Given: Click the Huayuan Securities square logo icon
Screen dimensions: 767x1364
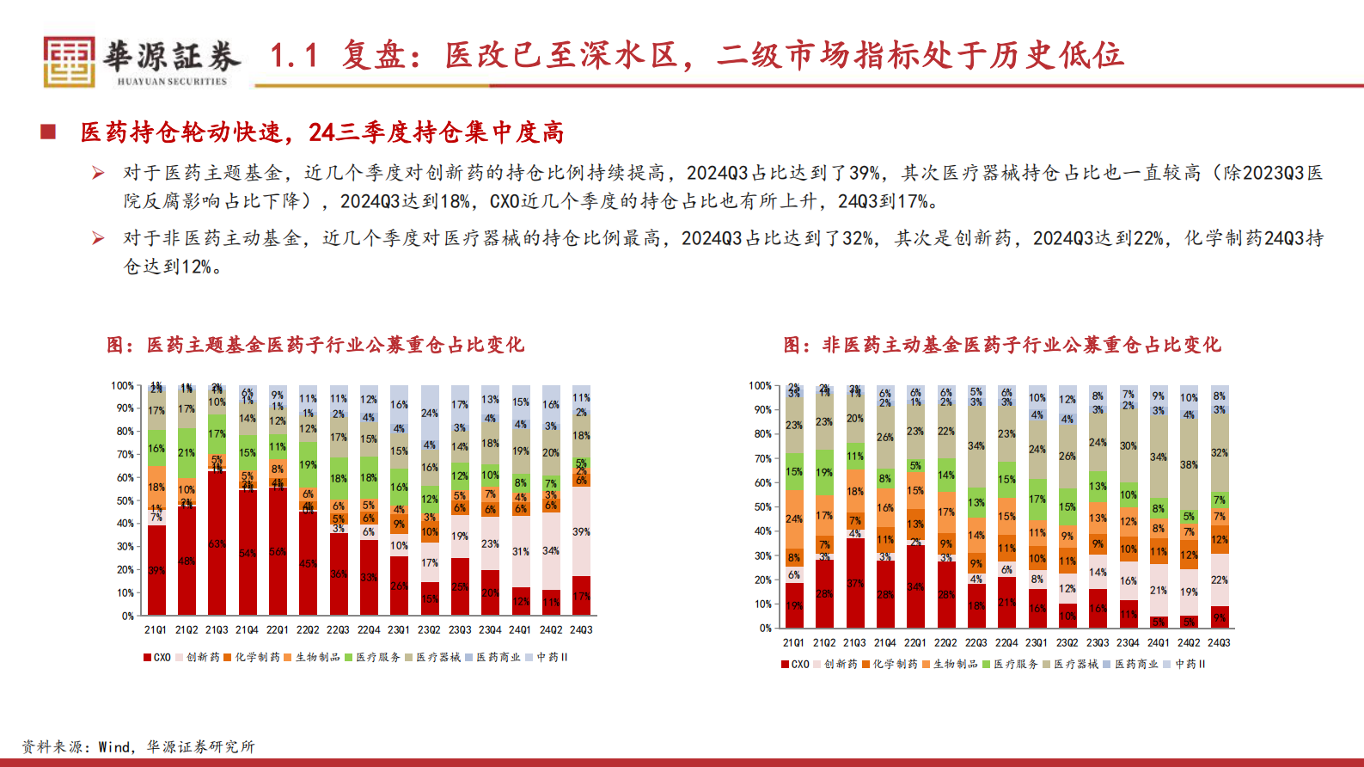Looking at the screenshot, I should tap(69, 62).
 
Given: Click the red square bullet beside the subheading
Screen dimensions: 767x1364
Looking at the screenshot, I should tap(48, 132).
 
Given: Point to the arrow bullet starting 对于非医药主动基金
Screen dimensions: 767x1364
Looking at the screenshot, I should tap(99, 238).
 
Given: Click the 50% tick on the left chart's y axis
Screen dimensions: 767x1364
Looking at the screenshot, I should tap(125, 500).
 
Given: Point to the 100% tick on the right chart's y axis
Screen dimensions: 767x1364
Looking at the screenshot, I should tap(760, 386).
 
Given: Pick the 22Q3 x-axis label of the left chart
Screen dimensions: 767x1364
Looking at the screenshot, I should tap(338, 630).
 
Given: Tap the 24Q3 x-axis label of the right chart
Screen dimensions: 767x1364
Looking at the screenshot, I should tap(1219, 643).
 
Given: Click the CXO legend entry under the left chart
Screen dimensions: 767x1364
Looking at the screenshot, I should tap(157, 658).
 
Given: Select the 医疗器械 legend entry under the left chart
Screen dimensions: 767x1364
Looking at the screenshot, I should tap(433, 658).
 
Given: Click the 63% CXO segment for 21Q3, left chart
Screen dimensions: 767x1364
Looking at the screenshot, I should tap(217, 544).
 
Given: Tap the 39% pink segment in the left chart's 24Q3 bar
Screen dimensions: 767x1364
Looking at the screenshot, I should tap(581, 531).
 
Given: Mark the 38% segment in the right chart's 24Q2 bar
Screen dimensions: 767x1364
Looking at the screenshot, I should tap(1189, 464).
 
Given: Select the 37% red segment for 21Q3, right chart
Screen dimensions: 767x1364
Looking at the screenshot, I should tap(854, 583).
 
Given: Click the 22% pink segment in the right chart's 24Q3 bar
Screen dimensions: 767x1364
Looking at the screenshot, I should tap(1219, 580).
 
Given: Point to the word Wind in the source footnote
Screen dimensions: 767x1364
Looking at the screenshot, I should tap(114, 747).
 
